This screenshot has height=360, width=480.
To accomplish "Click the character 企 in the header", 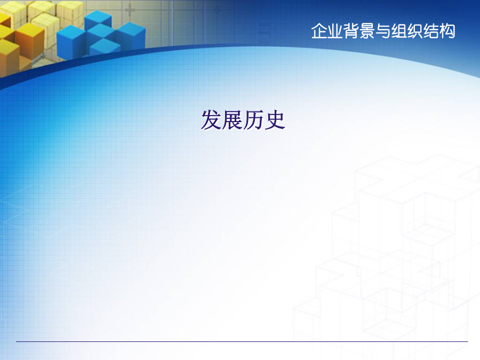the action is [319, 31].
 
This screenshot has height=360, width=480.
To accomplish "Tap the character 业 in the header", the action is [335, 31].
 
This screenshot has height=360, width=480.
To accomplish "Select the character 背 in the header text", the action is [351, 31].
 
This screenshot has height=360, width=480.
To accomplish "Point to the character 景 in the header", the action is [367, 31].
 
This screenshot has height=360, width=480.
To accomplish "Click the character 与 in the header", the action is [383, 31].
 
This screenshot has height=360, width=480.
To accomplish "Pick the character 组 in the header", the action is [399, 31].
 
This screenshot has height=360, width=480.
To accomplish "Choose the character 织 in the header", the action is [415, 31].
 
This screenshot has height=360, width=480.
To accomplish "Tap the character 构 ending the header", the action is [447, 31].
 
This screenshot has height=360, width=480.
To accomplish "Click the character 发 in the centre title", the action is [212, 120].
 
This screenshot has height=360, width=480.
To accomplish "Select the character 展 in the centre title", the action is [233, 120].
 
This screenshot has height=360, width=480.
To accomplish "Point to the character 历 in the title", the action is [253, 120].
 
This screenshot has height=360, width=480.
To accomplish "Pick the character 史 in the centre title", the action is [275, 120].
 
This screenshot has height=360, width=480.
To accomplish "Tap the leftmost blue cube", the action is [71, 42].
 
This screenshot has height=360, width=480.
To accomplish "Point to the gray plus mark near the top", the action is [130, 10].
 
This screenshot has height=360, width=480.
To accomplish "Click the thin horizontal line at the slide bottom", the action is [242, 341].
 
